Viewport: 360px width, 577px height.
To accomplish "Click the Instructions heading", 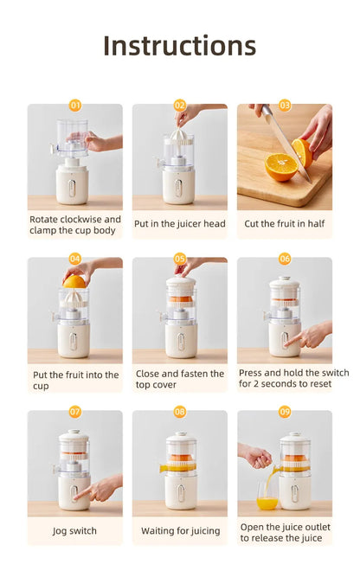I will point(179,45).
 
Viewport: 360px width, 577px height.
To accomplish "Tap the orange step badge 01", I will point(75,106).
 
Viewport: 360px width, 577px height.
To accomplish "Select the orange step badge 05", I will point(180,259).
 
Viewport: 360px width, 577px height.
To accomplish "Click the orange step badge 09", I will point(285,412).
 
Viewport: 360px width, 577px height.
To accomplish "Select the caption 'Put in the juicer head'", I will point(180,223).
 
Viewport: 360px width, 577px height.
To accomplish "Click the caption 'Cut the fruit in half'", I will point(285,223).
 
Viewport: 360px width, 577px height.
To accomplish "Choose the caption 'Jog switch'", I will point(75,530).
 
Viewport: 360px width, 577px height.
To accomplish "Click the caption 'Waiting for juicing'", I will point(180,530).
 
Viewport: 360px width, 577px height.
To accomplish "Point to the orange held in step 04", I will point(74,281).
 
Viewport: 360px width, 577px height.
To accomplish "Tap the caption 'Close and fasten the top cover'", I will point(180,379).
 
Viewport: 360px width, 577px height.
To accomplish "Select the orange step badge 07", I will point(75,412).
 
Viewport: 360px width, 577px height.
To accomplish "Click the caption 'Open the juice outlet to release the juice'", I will point(285,532).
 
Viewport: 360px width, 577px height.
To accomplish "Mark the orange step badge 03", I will point(285,106).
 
